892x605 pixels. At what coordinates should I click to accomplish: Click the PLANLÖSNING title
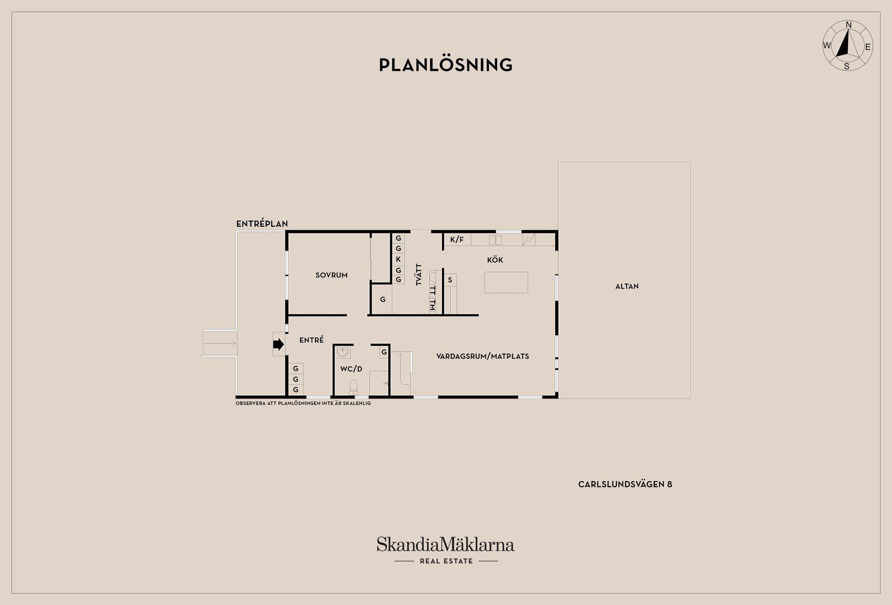[x=446, y=65]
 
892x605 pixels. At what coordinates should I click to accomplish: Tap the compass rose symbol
[x=847, y=46]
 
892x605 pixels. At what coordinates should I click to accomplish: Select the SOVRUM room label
[x=332, y=275]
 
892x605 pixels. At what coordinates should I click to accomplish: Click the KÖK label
[x=495, y=260]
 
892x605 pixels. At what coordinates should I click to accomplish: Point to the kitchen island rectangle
[x=506, y=282]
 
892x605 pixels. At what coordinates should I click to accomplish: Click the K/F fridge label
[x=457, y=240]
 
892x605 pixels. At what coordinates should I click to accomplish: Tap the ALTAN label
[x=627, y=286]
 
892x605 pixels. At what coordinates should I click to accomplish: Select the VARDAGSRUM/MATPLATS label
[x=483, y=356]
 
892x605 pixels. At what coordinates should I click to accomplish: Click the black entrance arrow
[x=278, y=344]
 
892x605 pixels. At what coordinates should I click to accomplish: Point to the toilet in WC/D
[x=354, y=387]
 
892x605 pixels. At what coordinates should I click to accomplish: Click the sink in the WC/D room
[x=343, y=353]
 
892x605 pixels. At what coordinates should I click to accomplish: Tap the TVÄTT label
[x=419, y=275]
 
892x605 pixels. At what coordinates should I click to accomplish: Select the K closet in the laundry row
[x=398, y=259]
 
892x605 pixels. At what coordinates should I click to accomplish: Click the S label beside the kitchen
[x=450, y=280]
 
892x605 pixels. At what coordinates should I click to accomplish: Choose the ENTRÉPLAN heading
[x=262, y=224]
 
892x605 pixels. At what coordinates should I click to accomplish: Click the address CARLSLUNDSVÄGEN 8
[x=625, y=484]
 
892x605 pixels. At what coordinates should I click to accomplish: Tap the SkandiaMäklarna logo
[x=446, y=550]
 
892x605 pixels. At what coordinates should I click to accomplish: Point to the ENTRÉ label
[x=312, y=340]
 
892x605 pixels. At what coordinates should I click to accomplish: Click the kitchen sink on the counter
[x=496, y=240]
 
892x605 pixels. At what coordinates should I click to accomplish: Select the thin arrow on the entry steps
[x=220, y=343]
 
